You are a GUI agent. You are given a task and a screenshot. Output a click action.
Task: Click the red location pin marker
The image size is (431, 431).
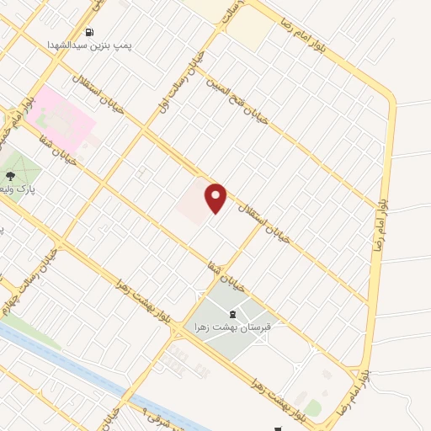(216, 197)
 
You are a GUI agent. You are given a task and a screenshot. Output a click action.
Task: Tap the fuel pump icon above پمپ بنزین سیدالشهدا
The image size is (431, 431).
(88, 33)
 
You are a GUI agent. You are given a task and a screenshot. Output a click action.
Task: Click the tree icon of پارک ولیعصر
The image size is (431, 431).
(10, 176)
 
